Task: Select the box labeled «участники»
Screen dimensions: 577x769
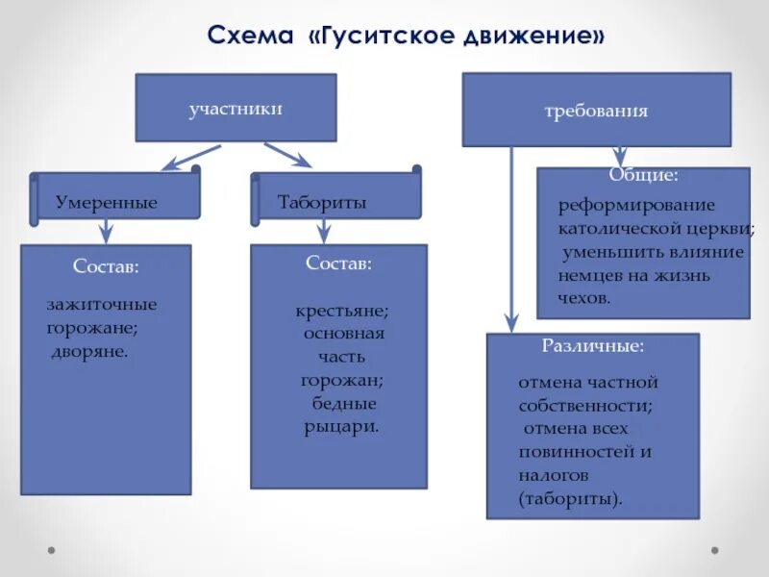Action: click(236, 109)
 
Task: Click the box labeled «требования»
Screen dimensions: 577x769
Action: click(596, 111)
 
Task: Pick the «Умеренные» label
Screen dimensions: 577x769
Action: click(106, 203)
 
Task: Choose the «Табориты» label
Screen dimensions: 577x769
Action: click(322, 203)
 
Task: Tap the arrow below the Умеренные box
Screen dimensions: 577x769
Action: click(107, 230)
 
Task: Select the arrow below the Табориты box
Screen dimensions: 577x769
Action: click(324, 230)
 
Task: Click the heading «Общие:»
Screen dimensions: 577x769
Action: click(643, 176)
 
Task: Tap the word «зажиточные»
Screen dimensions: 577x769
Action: click(102, 305)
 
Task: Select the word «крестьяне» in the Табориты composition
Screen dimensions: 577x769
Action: click(342, 312)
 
